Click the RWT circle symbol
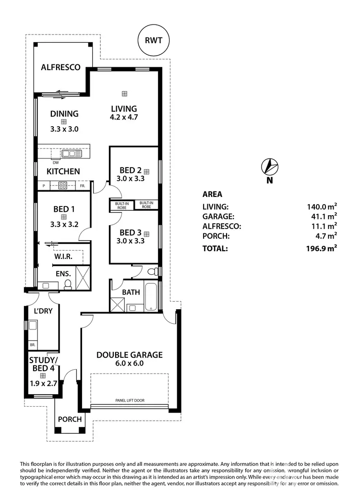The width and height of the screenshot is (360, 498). click(154, 41)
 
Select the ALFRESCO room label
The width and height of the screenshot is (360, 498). click(60, 67)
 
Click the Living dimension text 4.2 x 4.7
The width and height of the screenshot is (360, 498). click(124, 117)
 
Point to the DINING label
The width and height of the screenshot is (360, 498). click(64, 114)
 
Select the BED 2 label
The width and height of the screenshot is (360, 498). click(131, 170)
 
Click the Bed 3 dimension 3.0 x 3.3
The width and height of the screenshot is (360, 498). click(131, 242)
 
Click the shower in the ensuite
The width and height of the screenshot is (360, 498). click(83, 280)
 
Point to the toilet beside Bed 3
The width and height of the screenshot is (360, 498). click(153, 272)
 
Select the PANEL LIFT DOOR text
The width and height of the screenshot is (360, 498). click(130, 400)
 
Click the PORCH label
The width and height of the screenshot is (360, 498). click(70, 419)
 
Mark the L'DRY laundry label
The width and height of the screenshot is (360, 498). click(43, 311)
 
